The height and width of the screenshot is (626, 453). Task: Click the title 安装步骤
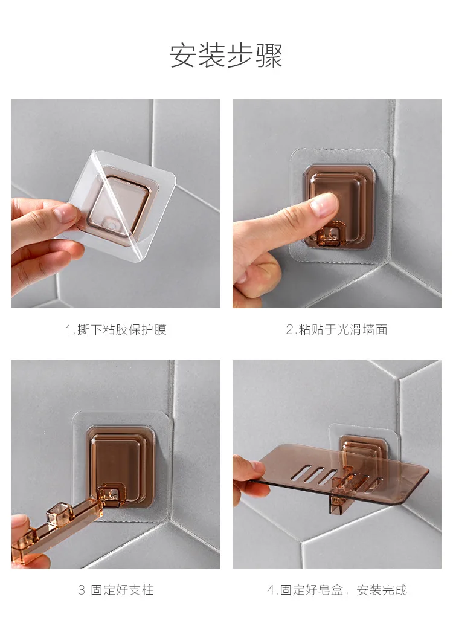(x=226, y=55)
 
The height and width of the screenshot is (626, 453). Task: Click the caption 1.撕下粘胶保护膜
(x=116, y=329)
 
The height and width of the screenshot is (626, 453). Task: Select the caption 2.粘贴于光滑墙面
(x=337, y=329)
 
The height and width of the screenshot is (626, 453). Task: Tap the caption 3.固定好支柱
(x=116, y=590)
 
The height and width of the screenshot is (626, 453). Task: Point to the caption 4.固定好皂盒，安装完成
(x=337, y=590)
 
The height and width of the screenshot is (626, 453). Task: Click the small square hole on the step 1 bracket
(x=112, y=227)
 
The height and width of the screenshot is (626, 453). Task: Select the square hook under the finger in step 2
(x=327, y=236)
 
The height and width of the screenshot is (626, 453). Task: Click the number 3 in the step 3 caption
(x=82, y=590)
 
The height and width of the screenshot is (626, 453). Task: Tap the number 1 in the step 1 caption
(x=68, y=330)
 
